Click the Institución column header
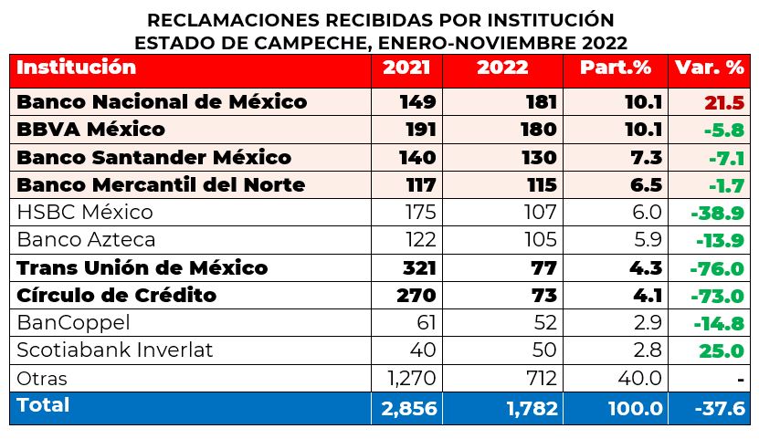point(76,68)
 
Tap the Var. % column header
point(709,68)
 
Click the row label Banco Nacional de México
point(162,101)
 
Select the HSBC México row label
point(85,213)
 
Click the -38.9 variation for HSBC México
point(720,214)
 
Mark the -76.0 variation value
point(720,269)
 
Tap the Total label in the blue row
point(43,405)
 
